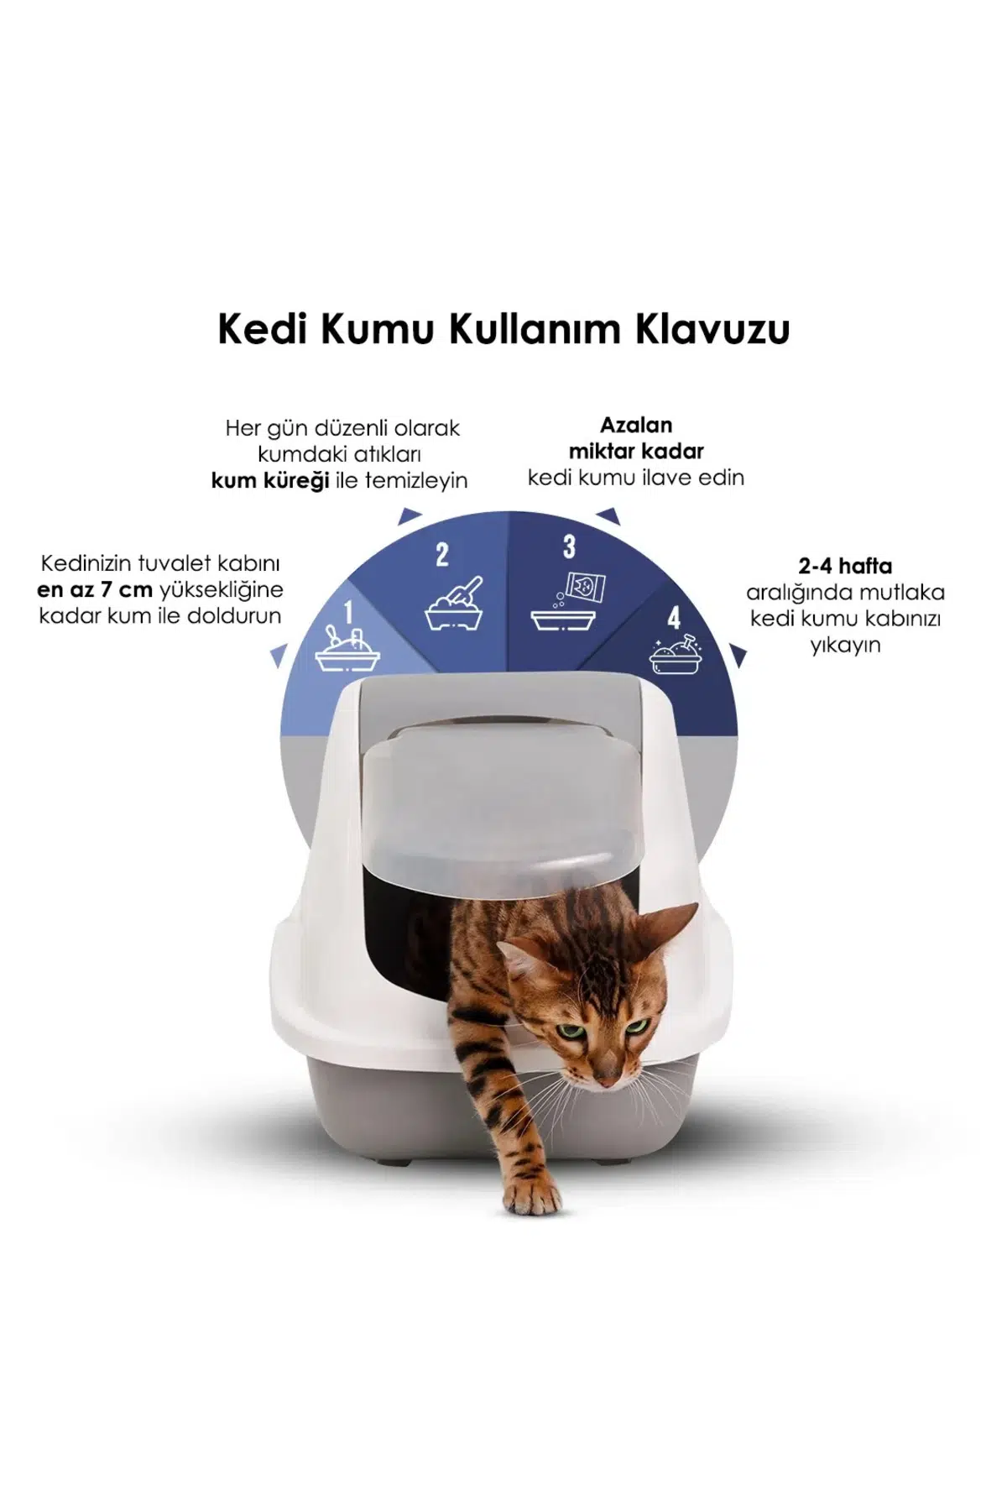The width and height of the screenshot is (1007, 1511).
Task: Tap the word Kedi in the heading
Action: pyautogui.click(x=260, y=329)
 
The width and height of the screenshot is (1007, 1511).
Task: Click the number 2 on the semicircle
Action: pyautogui.click(x=442, y=554)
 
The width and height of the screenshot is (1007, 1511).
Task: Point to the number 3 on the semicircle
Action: pyautogui.click(x=570, y=547)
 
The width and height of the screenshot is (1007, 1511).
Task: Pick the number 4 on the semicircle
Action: pyautogui.click(x=674, y=618)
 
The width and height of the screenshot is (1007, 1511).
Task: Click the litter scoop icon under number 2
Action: pyautogui.click(x=457, y=602)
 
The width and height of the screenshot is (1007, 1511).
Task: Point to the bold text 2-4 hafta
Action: pyautogui.click(x=845, y=566)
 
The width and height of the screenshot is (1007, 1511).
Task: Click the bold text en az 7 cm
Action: pyautogui.click(x=95, y=589)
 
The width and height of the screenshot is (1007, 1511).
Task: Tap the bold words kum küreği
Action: pyautogui.click(x=269, y=482)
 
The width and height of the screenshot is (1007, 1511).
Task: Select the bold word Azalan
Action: pyautogui.click(x=636, y=425)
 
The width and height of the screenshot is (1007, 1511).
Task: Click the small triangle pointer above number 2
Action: pyautogui.click(x=409, y=515)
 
